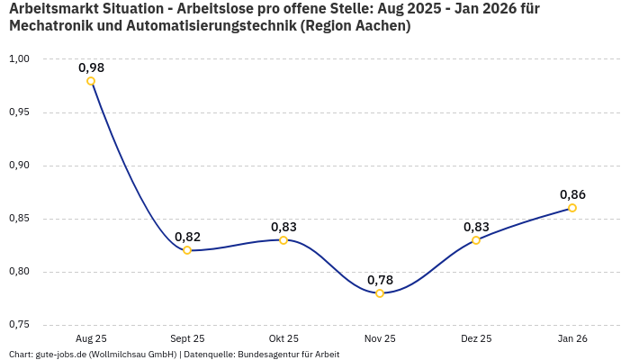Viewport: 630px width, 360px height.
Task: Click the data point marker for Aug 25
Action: point(91,81)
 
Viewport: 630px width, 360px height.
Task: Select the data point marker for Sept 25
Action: point(187,250)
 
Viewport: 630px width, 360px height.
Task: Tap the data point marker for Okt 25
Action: point(283,240)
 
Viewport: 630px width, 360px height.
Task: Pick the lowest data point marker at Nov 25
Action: point(380,293)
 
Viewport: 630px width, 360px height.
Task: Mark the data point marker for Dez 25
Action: point(476,240)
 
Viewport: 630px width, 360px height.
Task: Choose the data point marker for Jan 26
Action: point(572,208)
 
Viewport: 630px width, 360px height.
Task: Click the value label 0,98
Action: point(91,67)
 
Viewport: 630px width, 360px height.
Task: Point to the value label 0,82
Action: point(187,237)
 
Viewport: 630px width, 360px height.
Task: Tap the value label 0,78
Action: point(380,280)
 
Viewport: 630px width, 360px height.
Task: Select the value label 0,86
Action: point(572,194)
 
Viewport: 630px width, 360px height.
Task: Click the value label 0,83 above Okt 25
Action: point(283,227)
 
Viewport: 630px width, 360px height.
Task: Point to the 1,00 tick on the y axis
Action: point(19,59)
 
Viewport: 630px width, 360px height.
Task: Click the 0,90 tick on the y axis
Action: point(19,166)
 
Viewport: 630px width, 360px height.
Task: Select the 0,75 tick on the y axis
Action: point(19,325)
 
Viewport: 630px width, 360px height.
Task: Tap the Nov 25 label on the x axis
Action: point(380,338)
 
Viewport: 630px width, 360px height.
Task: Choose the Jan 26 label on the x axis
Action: point(572,338)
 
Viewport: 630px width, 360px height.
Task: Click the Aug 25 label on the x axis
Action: point(91,338)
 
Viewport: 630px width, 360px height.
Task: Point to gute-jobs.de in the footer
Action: point(61,355)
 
